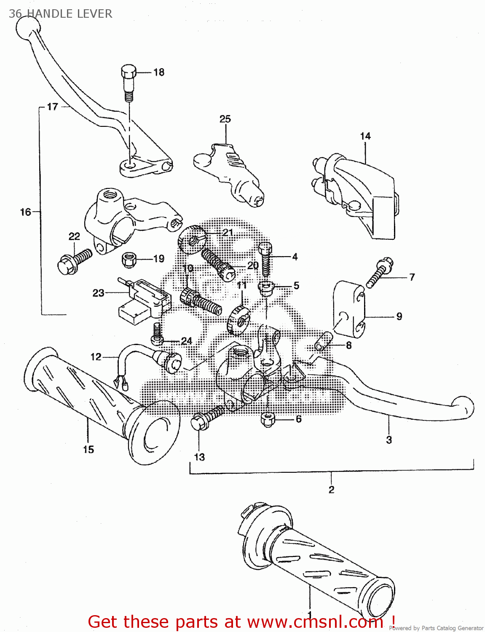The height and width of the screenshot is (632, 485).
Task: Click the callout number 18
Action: (158, 72)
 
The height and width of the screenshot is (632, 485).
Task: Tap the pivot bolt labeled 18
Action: (129, 82)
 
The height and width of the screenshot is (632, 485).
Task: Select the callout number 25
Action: (225, 119)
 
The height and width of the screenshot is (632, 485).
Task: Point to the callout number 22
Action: (74, 236)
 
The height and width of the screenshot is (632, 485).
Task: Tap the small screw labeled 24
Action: (157, 333)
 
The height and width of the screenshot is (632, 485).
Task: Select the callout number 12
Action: (96, 357)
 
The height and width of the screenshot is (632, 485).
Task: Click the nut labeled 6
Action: (268, 419)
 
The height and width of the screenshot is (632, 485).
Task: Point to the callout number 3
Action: (389, 440)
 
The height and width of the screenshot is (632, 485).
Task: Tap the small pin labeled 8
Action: (324, 341)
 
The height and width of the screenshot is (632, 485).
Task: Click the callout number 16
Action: (26, 212)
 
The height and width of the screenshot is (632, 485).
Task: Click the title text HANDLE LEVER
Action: (70, 14)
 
